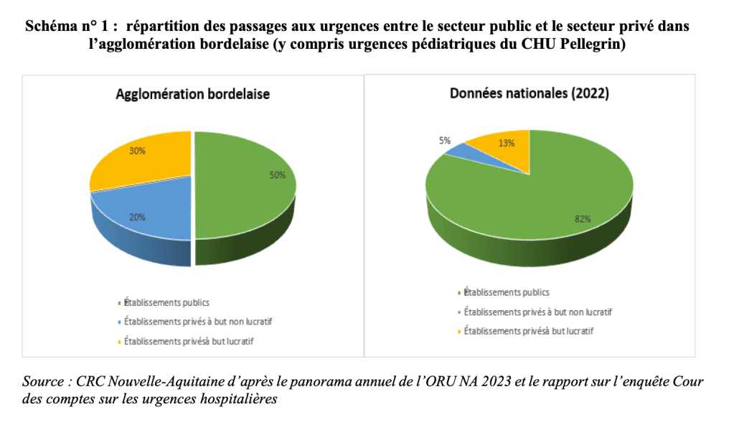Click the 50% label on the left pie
[x=278, y=174]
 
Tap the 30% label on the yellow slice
[x=138, y=151]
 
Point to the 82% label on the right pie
[x=582, y=219]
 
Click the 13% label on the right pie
[x=507, y=143]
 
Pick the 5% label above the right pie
[x=445, y=141]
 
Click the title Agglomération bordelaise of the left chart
[x=193, y=94]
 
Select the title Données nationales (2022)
[x=530, y=93]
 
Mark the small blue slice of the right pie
[x=456, y=150]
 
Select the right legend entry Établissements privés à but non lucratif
[x=538, y=312]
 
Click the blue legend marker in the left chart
[x=118, y=322]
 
